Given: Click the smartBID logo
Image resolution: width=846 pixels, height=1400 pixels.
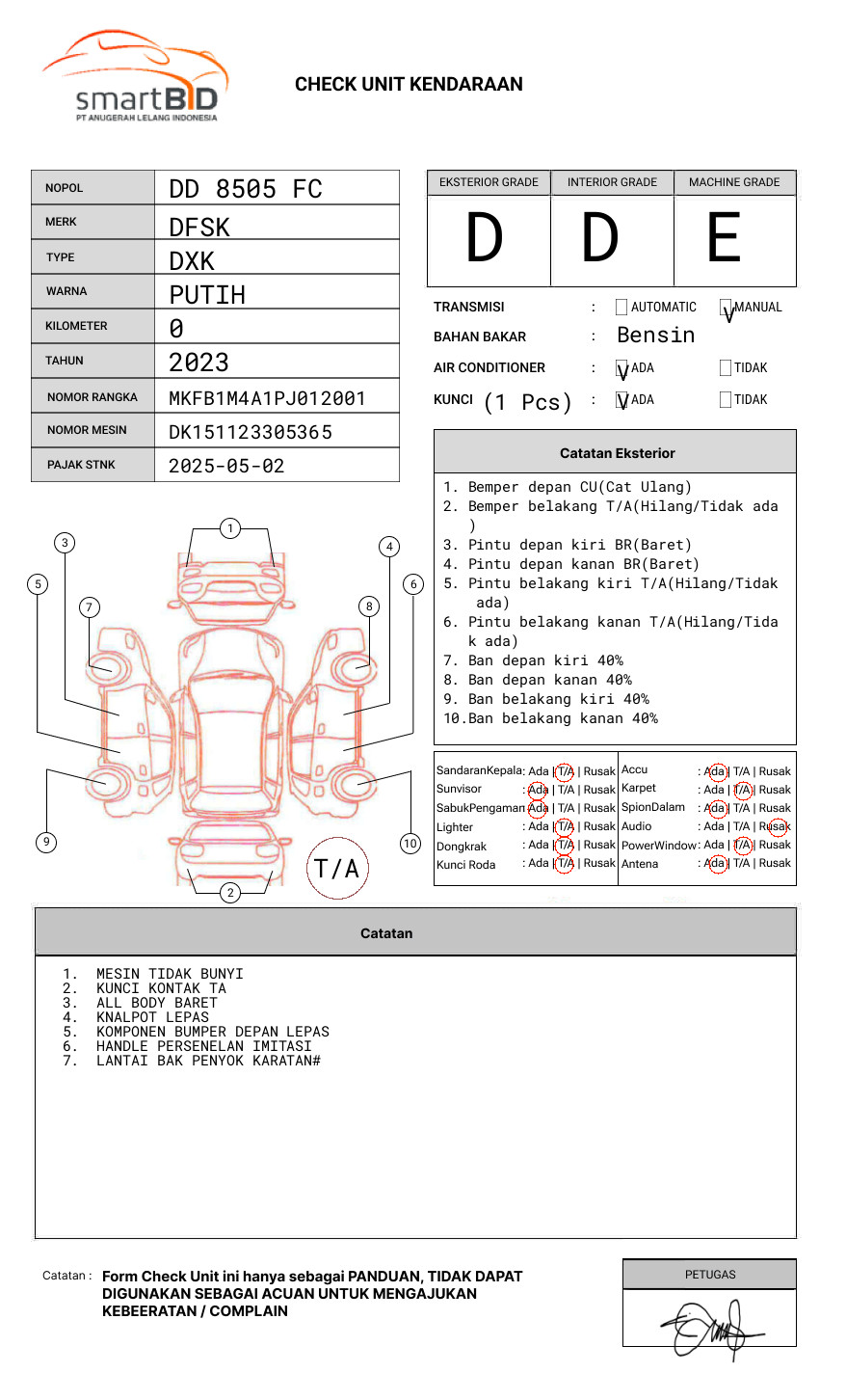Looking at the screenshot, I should [135, 77].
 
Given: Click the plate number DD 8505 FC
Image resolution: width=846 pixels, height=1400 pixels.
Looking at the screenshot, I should [246, 189].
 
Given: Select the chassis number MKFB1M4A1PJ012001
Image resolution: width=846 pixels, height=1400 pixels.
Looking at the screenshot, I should [267, 398].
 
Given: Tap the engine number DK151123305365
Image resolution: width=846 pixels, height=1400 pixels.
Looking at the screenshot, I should [251, 432].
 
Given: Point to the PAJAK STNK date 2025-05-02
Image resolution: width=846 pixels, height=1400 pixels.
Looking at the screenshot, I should [226, 466].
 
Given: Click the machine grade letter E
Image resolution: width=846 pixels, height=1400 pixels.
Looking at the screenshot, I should [724, 238].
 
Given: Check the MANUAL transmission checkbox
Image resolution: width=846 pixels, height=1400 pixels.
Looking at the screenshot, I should [726, 308].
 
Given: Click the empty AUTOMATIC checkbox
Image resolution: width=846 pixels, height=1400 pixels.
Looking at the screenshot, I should [621, 308].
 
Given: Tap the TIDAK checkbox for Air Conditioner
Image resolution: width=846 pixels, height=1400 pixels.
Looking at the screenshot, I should [726, 368].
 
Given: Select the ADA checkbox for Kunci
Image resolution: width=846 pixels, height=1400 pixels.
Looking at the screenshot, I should [622, 400].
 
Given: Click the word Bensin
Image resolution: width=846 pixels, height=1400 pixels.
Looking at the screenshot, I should [655, 336].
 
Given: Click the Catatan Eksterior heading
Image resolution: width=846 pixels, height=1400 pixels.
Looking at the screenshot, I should [617, 453].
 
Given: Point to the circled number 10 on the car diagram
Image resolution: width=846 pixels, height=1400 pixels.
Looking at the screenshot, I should [410, 844].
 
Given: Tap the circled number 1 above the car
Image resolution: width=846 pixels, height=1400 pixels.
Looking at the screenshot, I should [229, 528].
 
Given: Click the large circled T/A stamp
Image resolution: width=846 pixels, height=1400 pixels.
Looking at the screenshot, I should [337, 869].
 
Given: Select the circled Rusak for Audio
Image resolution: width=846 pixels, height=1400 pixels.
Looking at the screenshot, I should [777, 826].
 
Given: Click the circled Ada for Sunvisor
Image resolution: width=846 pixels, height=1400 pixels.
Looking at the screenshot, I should [538, 790].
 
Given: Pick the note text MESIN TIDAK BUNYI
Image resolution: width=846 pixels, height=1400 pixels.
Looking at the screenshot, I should [170, 974].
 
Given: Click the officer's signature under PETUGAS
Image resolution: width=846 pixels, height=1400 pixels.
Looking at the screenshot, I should [709, 1328].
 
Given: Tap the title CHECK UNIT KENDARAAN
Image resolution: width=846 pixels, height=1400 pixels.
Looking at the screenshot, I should [409, 85].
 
